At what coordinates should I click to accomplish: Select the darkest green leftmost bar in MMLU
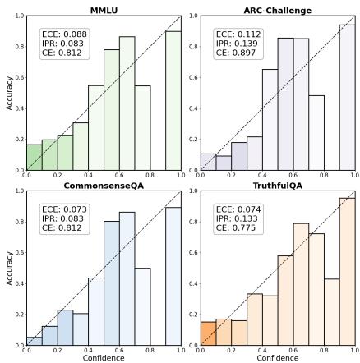tap(34, 158)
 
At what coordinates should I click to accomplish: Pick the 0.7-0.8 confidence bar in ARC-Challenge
tap(316, 133)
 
